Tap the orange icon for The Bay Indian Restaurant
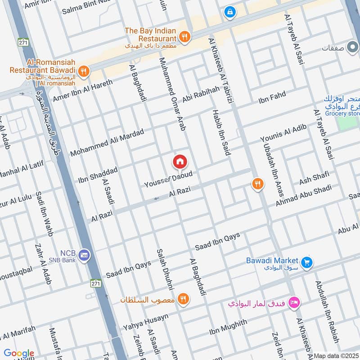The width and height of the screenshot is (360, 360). (184, 36)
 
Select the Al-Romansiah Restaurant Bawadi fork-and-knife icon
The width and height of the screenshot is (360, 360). (83, 71)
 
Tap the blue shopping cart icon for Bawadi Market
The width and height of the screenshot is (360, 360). (307, 261)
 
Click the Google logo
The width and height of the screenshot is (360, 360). (19, 353)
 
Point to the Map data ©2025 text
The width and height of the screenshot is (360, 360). (336, 356)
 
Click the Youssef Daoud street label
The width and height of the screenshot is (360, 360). (168, 179)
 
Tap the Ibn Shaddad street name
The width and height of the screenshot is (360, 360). (98, 175)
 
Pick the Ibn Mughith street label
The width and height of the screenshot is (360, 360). (228, 327)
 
